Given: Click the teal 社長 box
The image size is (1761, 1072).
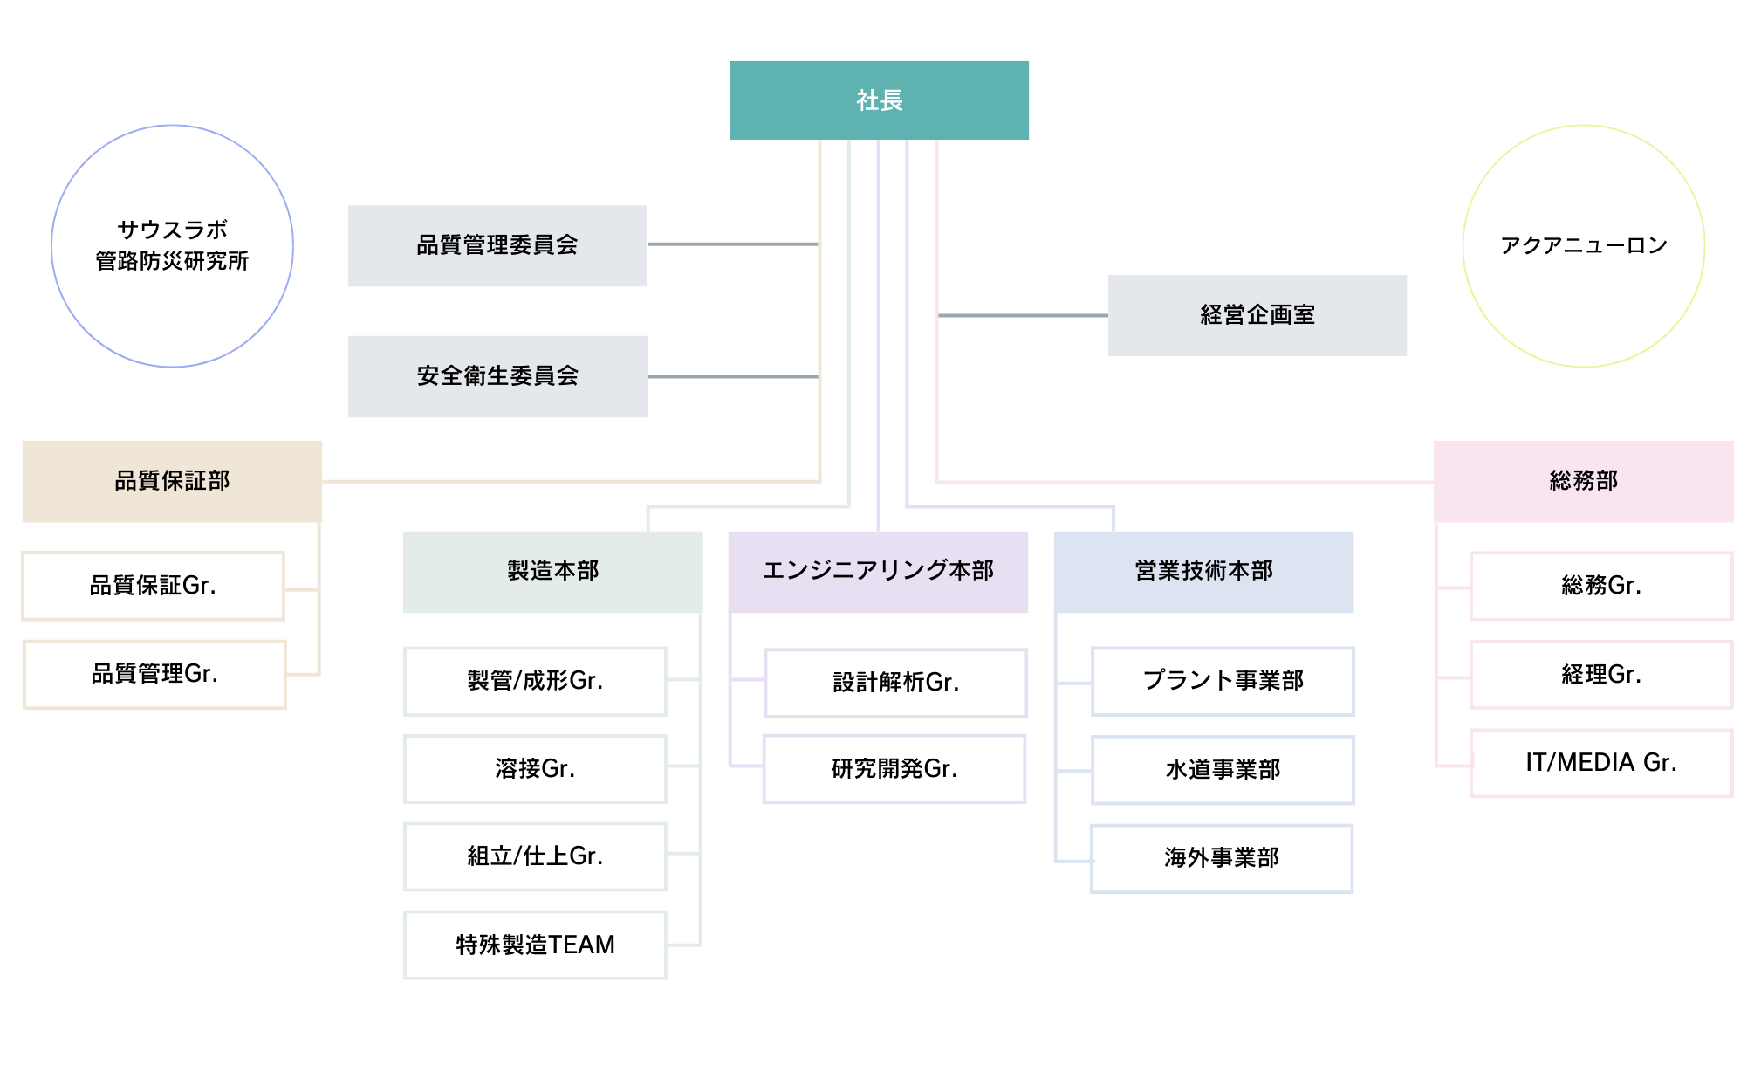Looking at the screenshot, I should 879,100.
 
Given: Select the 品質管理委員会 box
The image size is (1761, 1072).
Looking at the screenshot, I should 497,245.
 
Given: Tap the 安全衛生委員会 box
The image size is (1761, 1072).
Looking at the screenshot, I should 497,376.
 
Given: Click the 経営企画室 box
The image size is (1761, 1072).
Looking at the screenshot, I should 1257,315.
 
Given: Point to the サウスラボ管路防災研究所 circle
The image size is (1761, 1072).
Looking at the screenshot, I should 172,245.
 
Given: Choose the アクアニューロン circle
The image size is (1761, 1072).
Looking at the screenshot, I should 1583,245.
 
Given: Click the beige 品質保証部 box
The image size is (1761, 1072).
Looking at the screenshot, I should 172,481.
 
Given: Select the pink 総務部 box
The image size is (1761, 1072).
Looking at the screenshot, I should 1583,481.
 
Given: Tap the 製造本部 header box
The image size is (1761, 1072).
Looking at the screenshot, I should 552,571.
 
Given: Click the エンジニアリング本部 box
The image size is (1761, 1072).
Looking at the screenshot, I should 878,571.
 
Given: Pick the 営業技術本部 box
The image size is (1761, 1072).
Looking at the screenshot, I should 1203,571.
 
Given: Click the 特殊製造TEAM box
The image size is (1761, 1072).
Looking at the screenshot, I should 535,945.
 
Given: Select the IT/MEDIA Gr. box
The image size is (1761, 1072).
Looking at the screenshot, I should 1601,763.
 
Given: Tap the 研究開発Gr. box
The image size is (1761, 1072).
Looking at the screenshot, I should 894,769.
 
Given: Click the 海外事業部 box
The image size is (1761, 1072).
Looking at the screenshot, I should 1222,858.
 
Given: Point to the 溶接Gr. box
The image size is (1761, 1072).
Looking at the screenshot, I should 535,769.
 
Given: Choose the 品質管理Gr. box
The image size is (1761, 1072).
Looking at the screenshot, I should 154,674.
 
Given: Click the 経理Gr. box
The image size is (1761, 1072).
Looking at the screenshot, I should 1601,675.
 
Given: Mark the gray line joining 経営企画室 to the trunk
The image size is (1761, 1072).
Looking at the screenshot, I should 1022,315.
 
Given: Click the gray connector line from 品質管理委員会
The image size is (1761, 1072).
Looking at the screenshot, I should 733,244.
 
